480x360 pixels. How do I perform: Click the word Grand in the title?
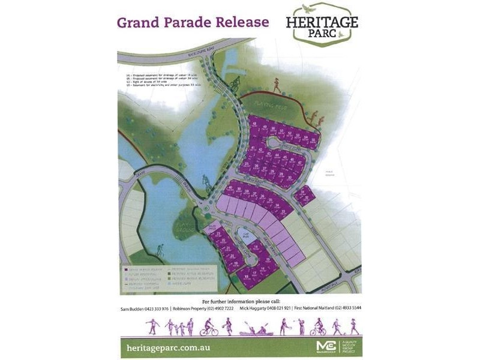[x=137, y=23]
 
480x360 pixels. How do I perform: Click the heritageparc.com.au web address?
[x=175, y=347]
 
